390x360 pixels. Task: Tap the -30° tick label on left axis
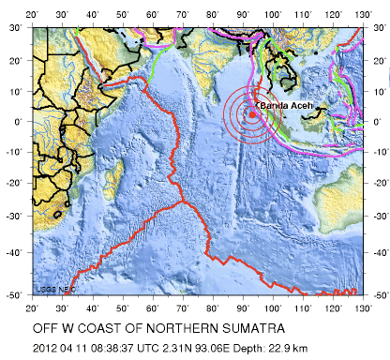click(x=13, y=215)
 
